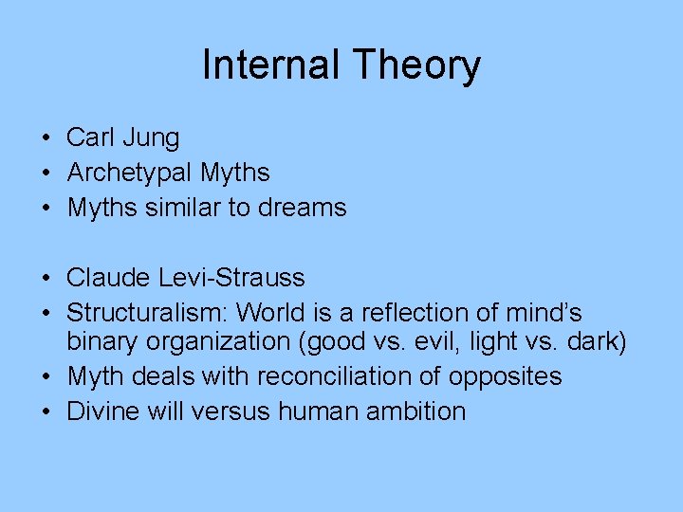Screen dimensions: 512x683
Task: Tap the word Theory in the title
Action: click(416, 65)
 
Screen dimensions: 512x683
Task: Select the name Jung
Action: click(150, 138)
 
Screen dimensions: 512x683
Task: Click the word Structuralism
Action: click(147, 313)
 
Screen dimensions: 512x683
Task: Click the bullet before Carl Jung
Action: click(46, 138)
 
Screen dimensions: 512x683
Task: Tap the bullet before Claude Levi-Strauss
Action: click(46, 278)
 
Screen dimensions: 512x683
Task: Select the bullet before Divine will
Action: click(46, 411)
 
